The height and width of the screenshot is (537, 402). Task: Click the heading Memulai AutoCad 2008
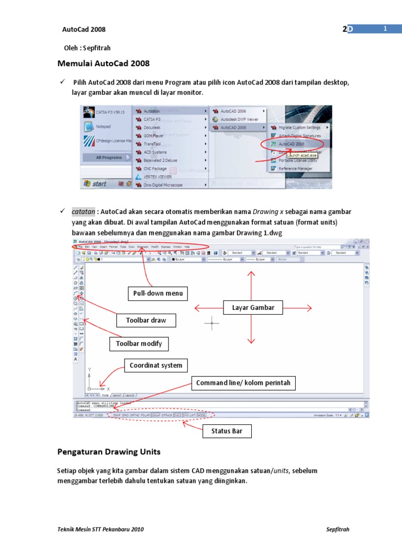[103, 63]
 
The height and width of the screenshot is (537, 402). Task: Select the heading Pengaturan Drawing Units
[108, 452]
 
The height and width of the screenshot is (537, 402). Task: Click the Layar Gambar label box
[253, 307]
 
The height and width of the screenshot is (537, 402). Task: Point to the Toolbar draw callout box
[146, 320]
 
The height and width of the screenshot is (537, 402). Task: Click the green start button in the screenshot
[95, 184]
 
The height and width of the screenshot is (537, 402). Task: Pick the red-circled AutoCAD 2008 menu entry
[291, 144]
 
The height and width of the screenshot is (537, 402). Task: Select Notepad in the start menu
[103, 126]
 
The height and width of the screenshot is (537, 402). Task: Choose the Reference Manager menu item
[296, 168]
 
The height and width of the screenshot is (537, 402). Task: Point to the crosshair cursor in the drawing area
[212, 323]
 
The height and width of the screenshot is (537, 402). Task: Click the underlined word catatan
[84, 212]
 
